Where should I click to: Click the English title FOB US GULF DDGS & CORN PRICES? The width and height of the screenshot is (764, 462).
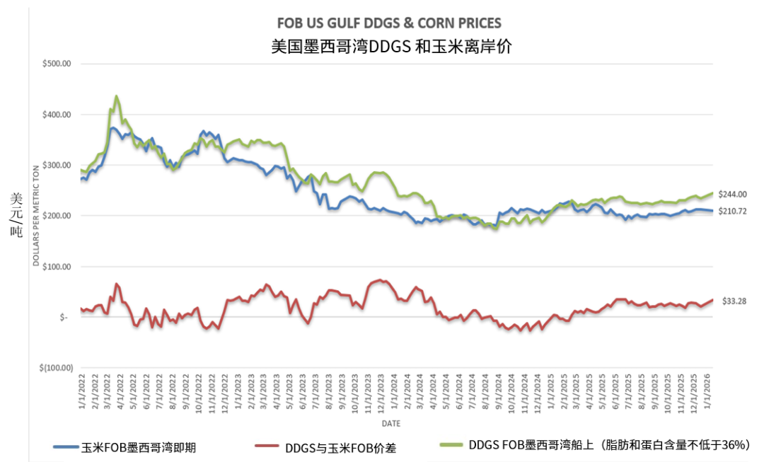click(390, 24)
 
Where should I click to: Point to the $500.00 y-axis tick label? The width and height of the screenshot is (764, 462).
click(57, 64)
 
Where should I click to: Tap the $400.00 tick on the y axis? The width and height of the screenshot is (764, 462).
click(57, 115)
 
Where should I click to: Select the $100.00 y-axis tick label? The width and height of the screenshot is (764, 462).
click(57, 267)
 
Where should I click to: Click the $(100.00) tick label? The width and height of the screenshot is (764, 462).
click(56, 368)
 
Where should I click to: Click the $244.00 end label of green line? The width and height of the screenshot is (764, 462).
click(734, 194)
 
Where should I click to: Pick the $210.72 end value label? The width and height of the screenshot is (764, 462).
click(734, 211)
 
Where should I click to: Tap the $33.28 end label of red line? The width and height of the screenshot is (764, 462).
click(734, 301)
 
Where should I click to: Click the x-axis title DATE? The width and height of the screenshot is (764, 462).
click(390, 423)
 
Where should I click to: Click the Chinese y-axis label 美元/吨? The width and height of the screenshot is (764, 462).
click(16, 216)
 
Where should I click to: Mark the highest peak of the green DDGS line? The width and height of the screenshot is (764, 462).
click(116, 96)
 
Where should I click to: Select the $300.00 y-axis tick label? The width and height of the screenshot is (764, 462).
click(57, 165)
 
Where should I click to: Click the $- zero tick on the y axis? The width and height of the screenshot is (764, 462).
click(64, 318)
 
